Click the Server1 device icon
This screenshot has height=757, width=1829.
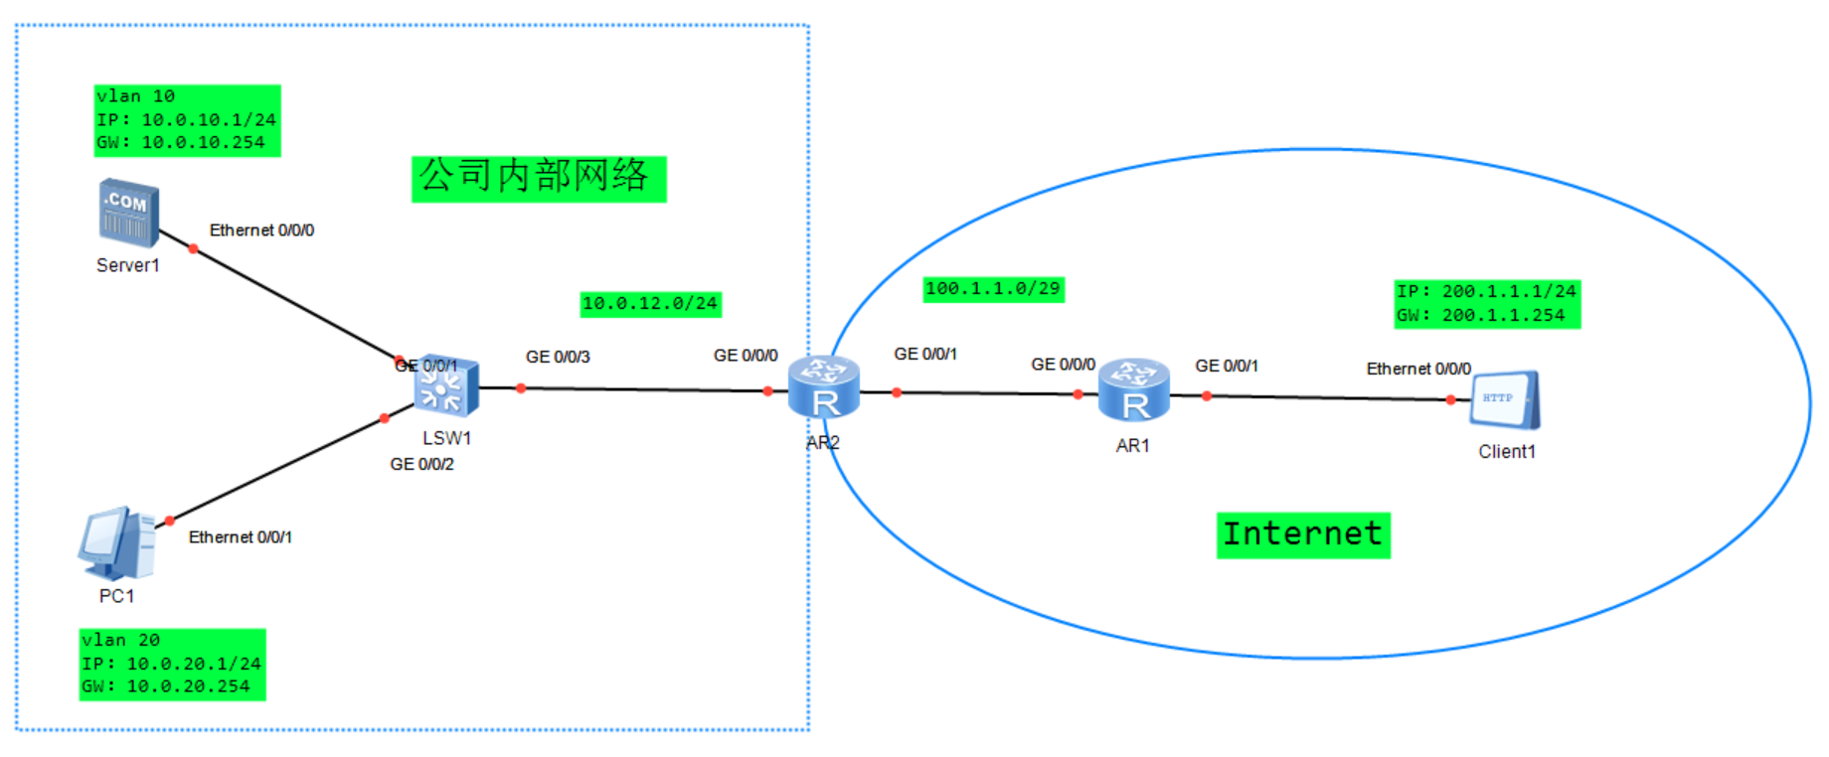pyautogui.click(x=129, y=213)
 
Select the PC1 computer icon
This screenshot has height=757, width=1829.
pyautogui.click(x=117, y=543)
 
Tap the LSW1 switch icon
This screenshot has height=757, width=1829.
pyautogui.click(x=447, y=385)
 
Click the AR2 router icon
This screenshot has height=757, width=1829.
pyautogui.click(x=824, y=387)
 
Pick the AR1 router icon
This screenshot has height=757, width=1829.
pyautogui.click(x=1133, y=390)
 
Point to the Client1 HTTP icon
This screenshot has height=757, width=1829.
pyautogui.click(x=1505, y=399)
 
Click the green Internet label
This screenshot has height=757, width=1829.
pyautogui.click(x=1302, y=534)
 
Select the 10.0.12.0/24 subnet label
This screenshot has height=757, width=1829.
pyautogui.click(x=650, y=303)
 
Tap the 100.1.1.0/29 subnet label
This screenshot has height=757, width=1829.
pyautogui.click(x=993, y=289)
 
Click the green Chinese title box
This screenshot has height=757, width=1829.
pyautogui.click(x=538, y=178)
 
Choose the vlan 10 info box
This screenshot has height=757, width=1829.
pyautogui.click(x=187, y=120)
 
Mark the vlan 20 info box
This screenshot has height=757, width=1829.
pyautogui.click(x=172, y=664)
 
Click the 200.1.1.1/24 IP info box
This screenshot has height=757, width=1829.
pyautogui.click(x=1486, y=303)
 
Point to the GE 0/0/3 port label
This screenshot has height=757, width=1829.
pyautogui.click(x=558, y=357)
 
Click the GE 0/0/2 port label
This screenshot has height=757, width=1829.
pyautogui.click(x=421, y=464)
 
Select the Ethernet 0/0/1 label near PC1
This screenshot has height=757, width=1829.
pyautogui.click(x=241, y=537)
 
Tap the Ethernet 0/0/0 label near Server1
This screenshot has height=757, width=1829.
pyautogui.click(x=261, y=230)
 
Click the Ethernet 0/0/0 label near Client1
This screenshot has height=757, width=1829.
pyautogui.click(x=1418, y=369)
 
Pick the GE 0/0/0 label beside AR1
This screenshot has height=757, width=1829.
pyautogui.click(x=1063, y=365)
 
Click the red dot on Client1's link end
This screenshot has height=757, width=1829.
pyautogui.click(x=1451, y=400)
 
